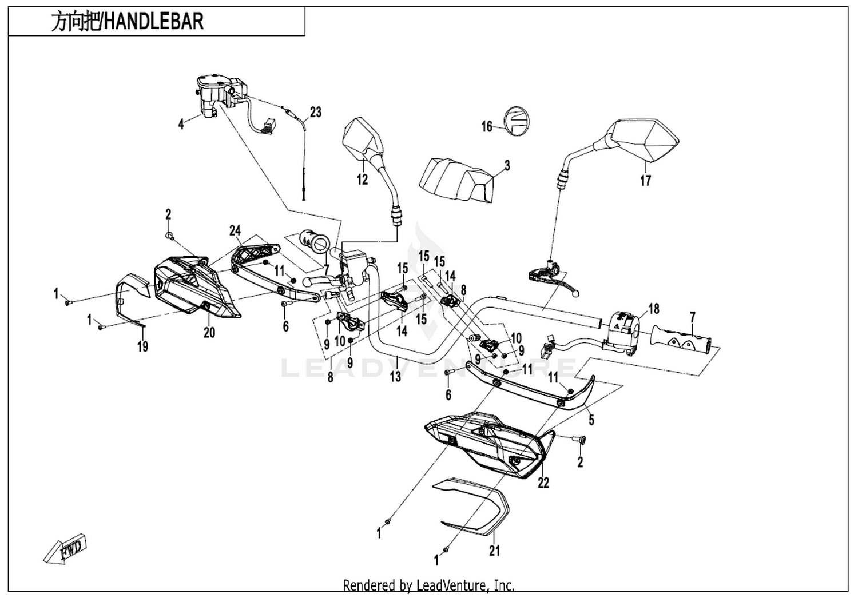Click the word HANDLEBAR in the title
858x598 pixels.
tap(154, 22)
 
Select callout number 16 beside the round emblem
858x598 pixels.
tap(487, 126)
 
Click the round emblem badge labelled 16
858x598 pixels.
tap(517, 121)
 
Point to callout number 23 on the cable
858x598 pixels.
tap(316, 112)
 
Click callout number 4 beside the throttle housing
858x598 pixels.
tap(181, 123)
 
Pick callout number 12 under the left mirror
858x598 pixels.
tap(362, 179)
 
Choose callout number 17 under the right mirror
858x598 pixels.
tap(646, 180)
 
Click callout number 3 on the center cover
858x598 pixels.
tap(507, 166)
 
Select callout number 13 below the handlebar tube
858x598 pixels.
tap(395, 376)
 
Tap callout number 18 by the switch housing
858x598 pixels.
tap(654, 309)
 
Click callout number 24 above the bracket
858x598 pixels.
tap(235, 230)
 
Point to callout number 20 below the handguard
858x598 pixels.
tap(209, 332)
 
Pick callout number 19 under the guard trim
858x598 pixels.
tap(143, 346)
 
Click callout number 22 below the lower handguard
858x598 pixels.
tap(543, 483)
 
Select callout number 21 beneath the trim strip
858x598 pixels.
tap(495, 551)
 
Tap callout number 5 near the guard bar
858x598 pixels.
tap(591, 420)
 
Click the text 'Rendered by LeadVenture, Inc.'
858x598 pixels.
tap(428, 585)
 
